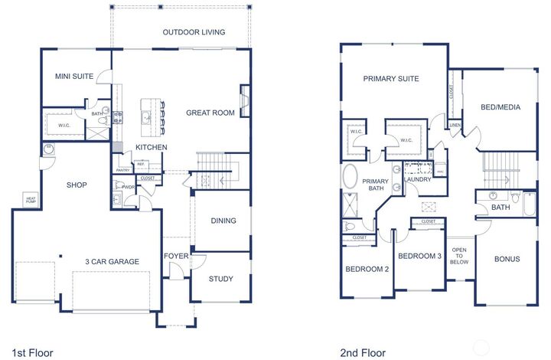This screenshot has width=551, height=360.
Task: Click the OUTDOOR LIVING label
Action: (194, 32)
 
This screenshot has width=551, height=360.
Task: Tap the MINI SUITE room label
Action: (73, 77)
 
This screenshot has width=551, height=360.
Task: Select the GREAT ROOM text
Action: (210, 113)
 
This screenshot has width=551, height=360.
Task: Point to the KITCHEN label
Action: (151, 147)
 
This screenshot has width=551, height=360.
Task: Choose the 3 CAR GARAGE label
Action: (112, 262)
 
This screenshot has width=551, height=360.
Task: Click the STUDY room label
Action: (220, 279)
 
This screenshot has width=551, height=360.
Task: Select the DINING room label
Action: (223, 221)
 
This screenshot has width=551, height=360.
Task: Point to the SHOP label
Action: (77, 185)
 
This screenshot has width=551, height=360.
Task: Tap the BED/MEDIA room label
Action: (501, 107)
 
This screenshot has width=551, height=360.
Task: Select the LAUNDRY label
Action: (417, 179)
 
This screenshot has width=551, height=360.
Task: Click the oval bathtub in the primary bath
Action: (350, 175)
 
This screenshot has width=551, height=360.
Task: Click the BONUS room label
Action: (507, 259)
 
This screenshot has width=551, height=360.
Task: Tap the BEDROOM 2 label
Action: (367, 269)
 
